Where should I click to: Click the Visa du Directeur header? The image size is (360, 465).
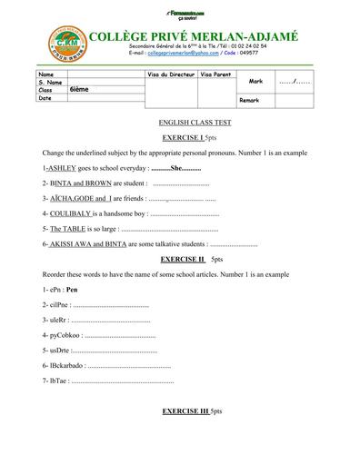(x=170, y=73)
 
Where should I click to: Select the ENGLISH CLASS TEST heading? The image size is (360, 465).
(x=180, y=121)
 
